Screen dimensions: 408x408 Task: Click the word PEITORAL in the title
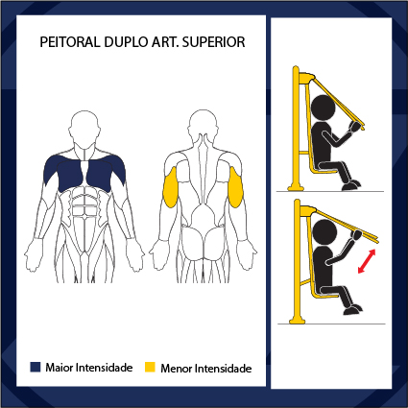(x=70, y=42)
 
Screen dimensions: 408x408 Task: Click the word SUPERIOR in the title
(x=213, y=42)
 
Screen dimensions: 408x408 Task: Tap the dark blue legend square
(x=36, y=367)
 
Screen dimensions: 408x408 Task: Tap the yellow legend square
(x=150, y=367)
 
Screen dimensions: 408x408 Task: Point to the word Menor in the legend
(x=177, y=369)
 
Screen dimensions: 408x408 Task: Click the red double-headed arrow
(x=367, y=261)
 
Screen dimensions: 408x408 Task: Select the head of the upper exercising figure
(x=323, y=108)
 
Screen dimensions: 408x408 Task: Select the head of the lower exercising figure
(x=324, y=232)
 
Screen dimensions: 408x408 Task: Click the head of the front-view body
(x=84, y=129)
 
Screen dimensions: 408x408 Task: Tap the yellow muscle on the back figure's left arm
(x=170, y=187)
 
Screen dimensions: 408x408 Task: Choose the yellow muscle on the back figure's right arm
(x=236, y=187)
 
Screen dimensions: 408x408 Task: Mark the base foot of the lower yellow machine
(x=297, y=320)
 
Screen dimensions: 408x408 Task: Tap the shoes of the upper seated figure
(x=351, y=185)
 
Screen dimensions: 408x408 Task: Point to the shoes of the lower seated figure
(x=352, y=309)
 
